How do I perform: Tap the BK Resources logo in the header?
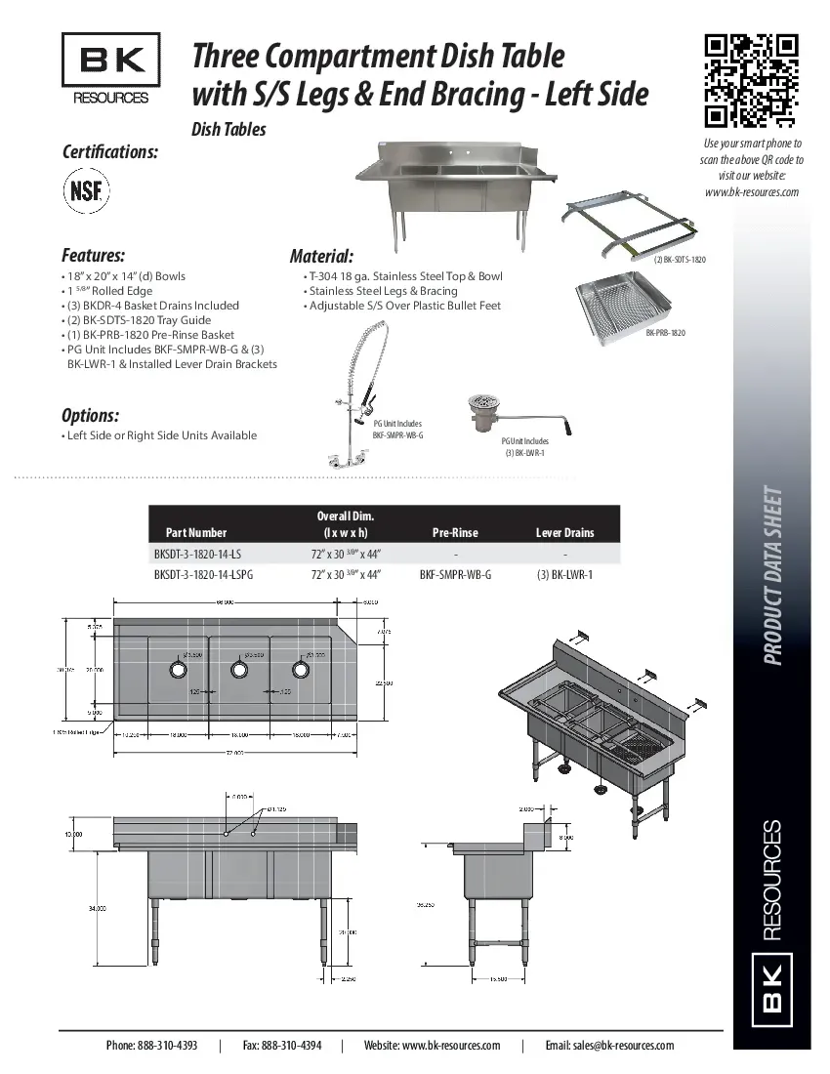(x=110, y=67)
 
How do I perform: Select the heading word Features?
(x=93, y=256)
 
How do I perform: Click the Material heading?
(x=321, y=257)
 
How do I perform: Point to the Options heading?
(x=90, y=415)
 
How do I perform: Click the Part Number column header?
(x=195, y=532)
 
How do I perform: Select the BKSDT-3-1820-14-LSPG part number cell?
(x=203, y=575)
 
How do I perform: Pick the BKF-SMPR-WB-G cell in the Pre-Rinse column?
(x=455, y=575)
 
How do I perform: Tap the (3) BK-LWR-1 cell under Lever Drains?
(x=564, y=575)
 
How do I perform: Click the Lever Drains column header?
(x=564, y=532)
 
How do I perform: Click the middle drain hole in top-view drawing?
(x=237, y=670)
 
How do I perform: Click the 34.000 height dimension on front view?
(x=97, y=908)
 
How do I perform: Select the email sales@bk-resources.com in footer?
(x=609, y=1046)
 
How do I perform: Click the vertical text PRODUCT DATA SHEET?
(x=771, y=576)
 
